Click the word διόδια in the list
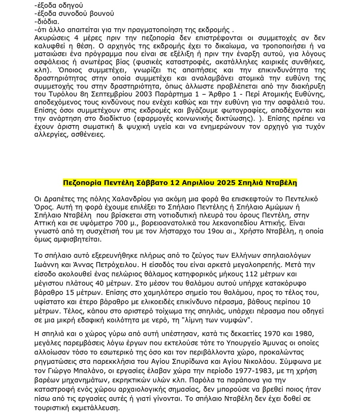[x=47, y=21]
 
